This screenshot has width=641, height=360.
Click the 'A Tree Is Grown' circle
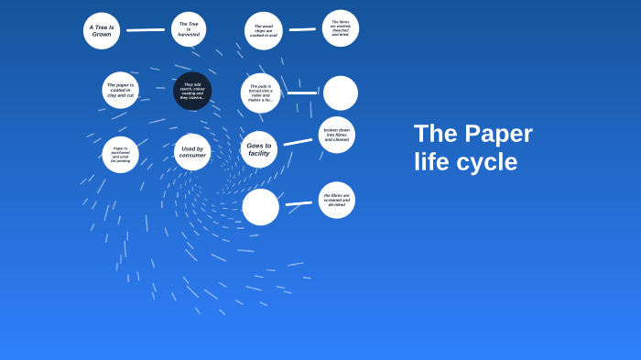click(x=102, y=30)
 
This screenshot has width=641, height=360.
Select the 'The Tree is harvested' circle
click(x=189, y=29)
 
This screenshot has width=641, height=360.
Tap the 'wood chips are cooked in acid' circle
click(x=264, y=30)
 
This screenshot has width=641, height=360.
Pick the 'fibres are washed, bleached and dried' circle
click(x=341, y=28)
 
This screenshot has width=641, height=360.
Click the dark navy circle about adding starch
click(x=192, y=91)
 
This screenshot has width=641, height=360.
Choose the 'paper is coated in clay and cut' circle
click(x=120, y=90)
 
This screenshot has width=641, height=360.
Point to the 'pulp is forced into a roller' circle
click(x=261, y=93)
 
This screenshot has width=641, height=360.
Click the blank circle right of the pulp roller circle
click(x=341, y=93)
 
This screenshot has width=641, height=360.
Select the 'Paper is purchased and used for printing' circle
click(x=121, y=155)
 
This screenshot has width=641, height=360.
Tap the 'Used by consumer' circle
click(x=192, y=152)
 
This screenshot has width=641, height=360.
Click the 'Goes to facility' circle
click(x=259, y=149)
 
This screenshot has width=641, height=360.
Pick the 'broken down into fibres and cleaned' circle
click(x=336, y=135)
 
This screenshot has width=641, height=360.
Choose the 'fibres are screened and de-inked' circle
click(x=336, y=200)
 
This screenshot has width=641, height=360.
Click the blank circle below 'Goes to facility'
click(x=261, y=207)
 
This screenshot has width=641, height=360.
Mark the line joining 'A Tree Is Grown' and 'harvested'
click(x=145, y=30)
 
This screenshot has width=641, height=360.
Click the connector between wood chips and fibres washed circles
click(x=302, y=29)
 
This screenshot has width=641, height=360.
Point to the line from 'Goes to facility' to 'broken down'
click(x=298, y=142)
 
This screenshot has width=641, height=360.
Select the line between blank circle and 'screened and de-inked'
click(x=299, y=203)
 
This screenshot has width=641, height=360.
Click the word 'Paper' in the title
click(x=498, y=134)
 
